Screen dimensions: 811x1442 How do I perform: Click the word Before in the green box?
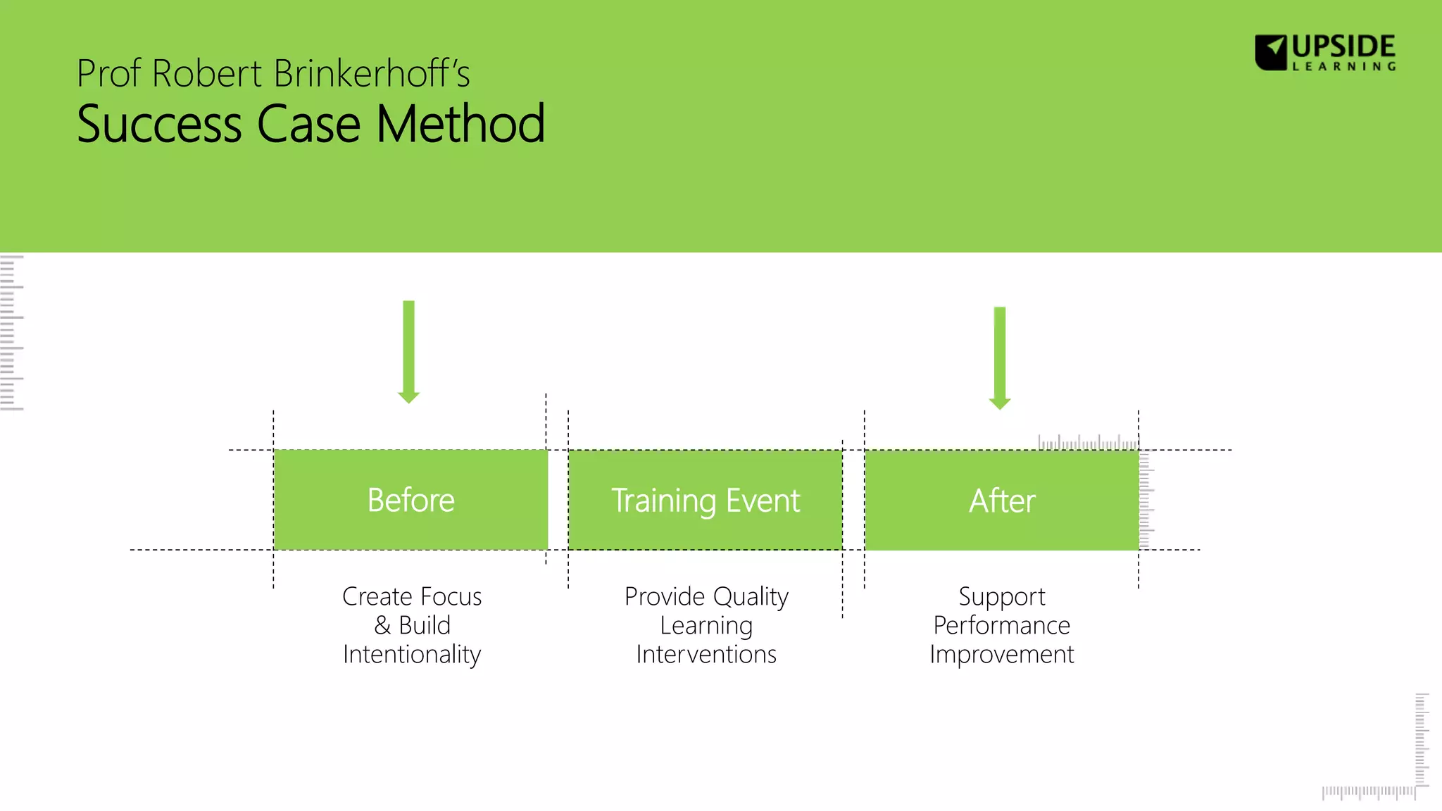click(x=410, y=501)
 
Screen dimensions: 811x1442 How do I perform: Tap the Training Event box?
click(x=706, y=501)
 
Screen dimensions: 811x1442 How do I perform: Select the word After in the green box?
click(x=1001, y=501)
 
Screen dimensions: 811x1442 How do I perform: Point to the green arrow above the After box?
click(x=1000, y=357)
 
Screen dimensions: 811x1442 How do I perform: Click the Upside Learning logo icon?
click(x=1271, y=52)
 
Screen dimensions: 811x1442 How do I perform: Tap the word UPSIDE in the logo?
click(x=1343, y=46)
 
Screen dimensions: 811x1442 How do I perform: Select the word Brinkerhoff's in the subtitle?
click(x=371, y=74)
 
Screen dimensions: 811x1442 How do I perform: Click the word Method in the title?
click(x=460, y=124)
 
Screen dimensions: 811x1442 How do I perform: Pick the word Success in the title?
click(x=159, y=124)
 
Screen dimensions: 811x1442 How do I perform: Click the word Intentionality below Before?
click(x=412, y=655)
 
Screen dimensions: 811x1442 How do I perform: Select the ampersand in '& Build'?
click(x=382, y=625)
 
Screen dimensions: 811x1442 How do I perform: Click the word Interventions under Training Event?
click(x=706, y=655)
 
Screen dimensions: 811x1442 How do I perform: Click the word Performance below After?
click(x=1001, y=625)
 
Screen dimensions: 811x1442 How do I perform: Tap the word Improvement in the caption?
click(x=1001, y=655)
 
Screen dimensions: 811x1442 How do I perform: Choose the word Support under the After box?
click(x=1001, y=597)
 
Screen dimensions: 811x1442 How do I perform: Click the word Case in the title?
click(x=308, y=124)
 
